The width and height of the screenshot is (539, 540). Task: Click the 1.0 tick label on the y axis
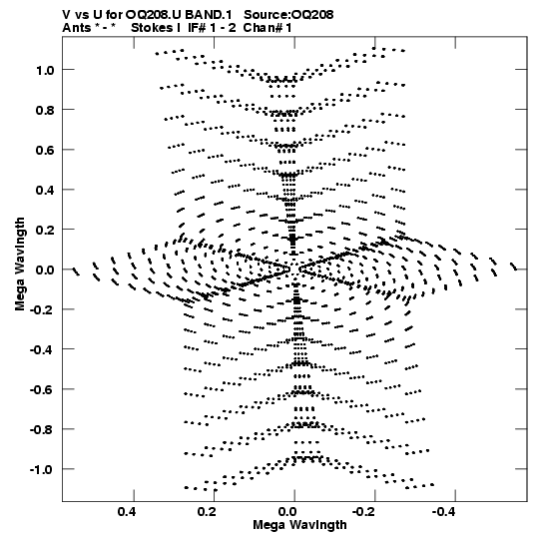coord(45,70)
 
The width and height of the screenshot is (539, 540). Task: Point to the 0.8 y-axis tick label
coord(45,110)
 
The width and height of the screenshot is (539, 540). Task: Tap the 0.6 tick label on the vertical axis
coord(45,150)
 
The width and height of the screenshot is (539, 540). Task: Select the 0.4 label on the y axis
coord(45,190)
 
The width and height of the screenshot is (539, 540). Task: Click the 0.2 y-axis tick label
coord(45,230)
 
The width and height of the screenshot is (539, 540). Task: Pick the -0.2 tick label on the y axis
coord(42,310)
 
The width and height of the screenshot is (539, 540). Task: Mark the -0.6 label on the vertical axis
coord(42,390)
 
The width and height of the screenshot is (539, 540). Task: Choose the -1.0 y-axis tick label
coord(42,470)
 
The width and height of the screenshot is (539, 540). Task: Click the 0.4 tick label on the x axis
coord(127,512)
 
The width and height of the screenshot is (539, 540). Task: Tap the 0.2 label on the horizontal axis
coord(207,512)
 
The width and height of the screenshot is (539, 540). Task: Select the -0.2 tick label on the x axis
coord(364,512)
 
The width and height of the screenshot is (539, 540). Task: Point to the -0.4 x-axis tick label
coord(444,512)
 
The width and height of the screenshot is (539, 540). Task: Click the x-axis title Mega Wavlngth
coord(299,525)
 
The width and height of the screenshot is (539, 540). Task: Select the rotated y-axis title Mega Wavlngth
coord(20,265)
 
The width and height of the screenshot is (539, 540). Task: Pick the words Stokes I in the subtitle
coord(156,28)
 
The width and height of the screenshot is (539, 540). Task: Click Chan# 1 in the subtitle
coord(268,28)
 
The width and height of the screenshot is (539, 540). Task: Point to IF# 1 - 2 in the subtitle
coord(213,28)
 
